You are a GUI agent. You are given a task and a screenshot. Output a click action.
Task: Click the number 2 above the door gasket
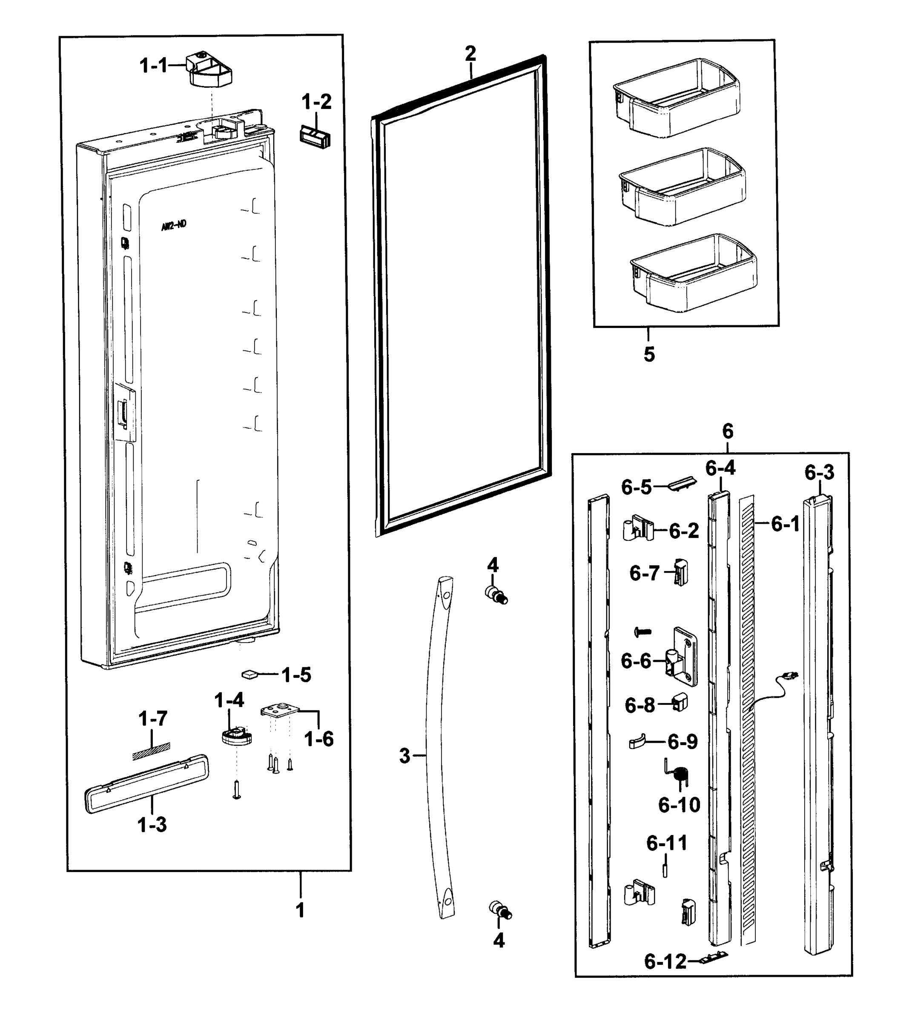tap(470, 53)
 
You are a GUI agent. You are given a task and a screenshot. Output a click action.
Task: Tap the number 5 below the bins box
tap(649, 354)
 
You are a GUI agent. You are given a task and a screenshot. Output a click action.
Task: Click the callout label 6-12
tap(665, 962)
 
